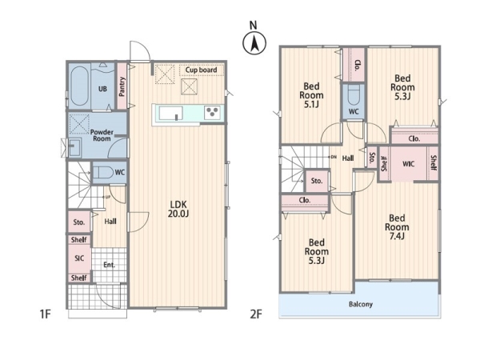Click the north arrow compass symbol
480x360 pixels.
254,43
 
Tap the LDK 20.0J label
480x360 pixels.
178,209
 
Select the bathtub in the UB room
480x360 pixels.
79,86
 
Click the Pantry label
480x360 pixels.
122,86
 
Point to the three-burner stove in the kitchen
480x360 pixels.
213,113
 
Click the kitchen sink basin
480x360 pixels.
171,113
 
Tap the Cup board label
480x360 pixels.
201,70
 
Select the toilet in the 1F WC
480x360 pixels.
102,173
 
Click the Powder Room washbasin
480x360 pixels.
74,147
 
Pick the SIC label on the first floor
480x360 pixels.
79,258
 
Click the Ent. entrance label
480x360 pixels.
109,265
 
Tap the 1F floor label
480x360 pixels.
45,314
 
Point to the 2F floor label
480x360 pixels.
256,314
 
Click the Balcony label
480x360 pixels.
361,304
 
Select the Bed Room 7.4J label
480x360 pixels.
397,227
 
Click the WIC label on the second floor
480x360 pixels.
408,164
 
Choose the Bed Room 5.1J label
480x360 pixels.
311,95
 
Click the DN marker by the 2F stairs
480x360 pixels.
334,157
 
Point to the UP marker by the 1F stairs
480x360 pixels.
108,197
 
